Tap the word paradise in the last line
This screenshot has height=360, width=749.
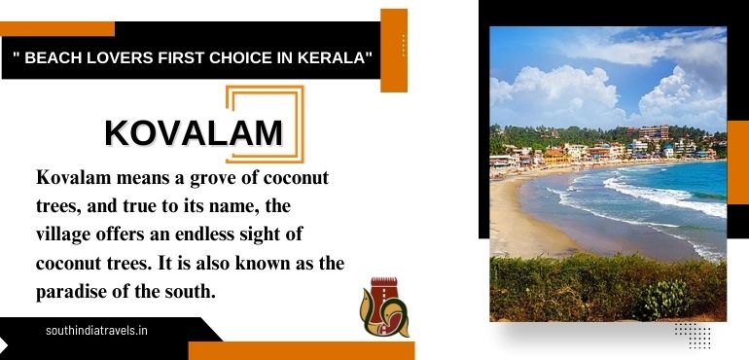click(x=76, y=291)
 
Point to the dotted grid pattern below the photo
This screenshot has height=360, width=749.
click(x=692, y=334)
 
